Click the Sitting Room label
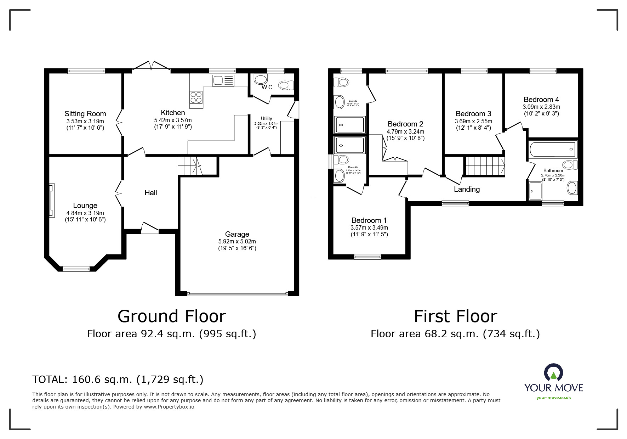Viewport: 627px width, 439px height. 85,114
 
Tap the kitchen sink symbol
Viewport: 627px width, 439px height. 223,81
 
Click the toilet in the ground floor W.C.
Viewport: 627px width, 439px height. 286,85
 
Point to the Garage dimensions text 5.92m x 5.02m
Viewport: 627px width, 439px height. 237,241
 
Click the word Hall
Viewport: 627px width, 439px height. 151,193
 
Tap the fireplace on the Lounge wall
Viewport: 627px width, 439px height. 52,200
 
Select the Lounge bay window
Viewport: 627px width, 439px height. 76,269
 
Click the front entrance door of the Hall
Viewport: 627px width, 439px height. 149,229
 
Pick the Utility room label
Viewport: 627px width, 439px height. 266,118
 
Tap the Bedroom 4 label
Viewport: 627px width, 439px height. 541,100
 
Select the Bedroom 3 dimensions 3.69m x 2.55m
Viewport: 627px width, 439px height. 473,121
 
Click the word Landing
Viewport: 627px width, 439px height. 467,189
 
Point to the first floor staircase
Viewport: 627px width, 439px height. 484,166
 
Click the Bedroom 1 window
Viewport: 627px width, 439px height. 367,257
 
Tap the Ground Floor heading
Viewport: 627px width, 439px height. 172,316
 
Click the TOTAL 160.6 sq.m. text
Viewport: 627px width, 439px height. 118,379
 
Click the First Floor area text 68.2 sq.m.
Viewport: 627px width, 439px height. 455,334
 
